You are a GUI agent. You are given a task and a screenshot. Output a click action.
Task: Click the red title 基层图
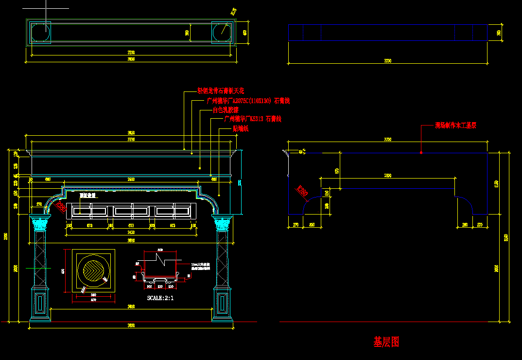[x=386, y=342]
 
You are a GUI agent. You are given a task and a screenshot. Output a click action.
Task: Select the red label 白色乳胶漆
[x=226, y=110]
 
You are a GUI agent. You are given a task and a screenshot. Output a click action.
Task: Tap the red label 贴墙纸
[x=240, y=128]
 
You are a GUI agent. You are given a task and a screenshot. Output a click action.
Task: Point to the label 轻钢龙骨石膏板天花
[x=220, y=91]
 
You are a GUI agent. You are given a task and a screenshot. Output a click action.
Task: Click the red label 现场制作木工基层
[x=455, y=126]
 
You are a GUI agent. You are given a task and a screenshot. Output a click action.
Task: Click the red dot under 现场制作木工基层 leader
[x=421, y=153]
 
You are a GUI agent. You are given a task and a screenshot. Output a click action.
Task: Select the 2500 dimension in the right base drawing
[x=388, y=175]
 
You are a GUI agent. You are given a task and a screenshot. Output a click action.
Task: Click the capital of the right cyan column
[x=223, y=224]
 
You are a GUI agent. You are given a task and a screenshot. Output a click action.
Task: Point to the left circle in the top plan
[x=40, y=33]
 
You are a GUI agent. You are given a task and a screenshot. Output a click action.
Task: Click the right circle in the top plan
[x=222, y=33]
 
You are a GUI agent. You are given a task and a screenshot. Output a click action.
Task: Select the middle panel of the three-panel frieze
[x=131, y=211]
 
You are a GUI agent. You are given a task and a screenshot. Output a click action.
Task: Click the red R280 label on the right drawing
[x=302, y=192]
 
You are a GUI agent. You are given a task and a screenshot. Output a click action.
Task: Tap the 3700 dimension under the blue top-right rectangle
[x=387, y=61]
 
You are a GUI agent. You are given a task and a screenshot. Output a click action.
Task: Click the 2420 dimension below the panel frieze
[x=131, y=233]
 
